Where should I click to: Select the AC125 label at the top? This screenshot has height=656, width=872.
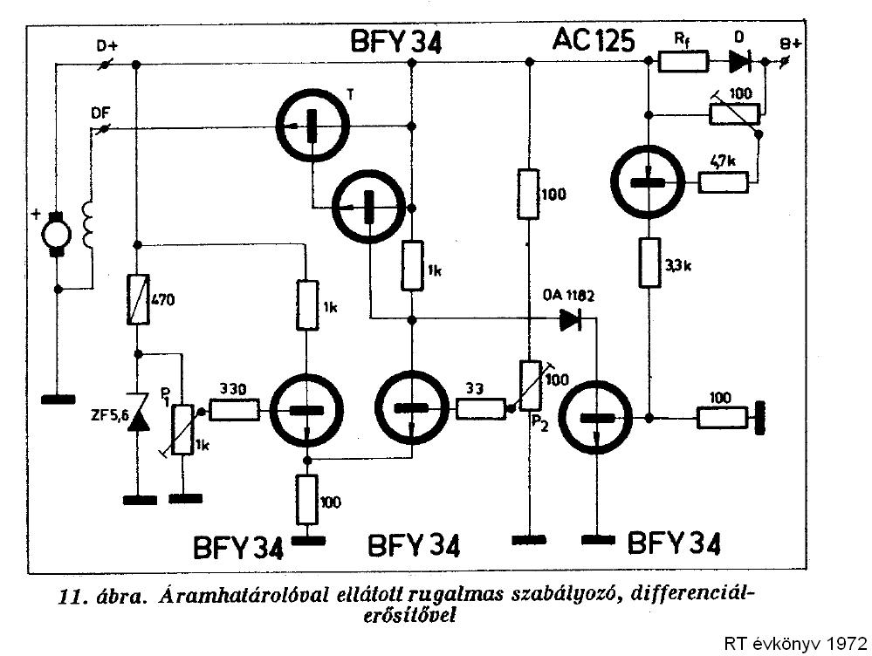click(x=594, y=40)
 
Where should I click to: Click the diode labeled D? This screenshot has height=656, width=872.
click(x=738, y=62)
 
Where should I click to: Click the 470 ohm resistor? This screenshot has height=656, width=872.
click(x=137, y=299)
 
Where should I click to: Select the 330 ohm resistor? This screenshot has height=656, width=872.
click(x=233, y=410)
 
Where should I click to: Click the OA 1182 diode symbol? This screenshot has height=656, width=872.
click(x=572, y=319)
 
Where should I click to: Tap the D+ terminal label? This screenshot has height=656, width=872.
click(x=106, y=45)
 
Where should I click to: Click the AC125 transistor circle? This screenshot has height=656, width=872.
click(x=647, y=182)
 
